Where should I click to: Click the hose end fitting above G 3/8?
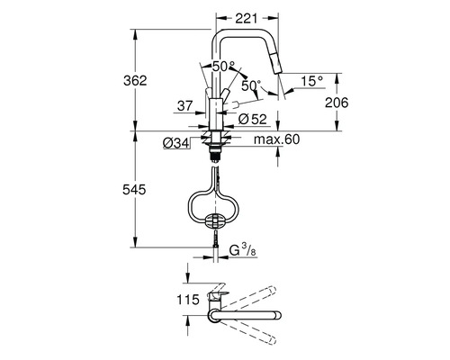(x=215, y=243)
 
